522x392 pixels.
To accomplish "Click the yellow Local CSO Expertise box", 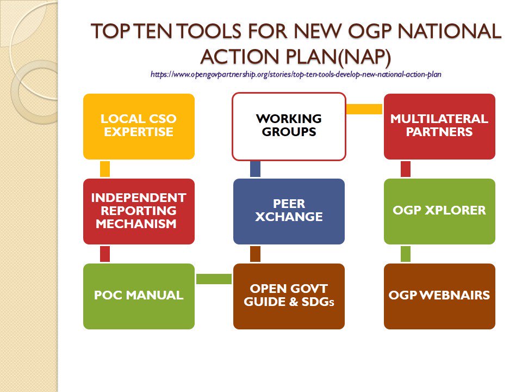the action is (x=139, y=126).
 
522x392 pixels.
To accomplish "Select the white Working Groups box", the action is (x=289, y=126).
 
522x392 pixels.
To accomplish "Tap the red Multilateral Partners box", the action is (x=439, y=126).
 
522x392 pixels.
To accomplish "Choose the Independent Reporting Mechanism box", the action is (x=139, y=211).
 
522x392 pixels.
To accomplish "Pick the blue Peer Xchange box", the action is (x=289, y=211).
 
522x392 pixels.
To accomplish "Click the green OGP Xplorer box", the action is (x=439, y=211).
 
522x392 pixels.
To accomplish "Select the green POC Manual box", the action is (x=139, y=296).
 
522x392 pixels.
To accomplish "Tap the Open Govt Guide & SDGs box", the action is (x=289, y=296).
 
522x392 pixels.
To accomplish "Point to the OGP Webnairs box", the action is (x=439, y=296).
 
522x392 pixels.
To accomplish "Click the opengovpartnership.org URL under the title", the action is (x=296, y=74).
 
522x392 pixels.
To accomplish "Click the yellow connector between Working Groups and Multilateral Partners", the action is (x=364, y=109).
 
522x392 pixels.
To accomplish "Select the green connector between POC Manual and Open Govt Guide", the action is (x=214, y=279).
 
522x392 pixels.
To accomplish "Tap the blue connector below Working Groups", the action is (x=255, y=169).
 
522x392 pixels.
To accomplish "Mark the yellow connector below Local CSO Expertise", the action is (x=105, y=169).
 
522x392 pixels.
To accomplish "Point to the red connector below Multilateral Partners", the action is (x=406, y=169).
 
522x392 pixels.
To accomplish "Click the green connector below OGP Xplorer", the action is (x=406, y=254).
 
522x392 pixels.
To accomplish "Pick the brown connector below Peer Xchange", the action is (x=255, y=254).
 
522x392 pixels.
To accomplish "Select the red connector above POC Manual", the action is (x=105, y=254).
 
